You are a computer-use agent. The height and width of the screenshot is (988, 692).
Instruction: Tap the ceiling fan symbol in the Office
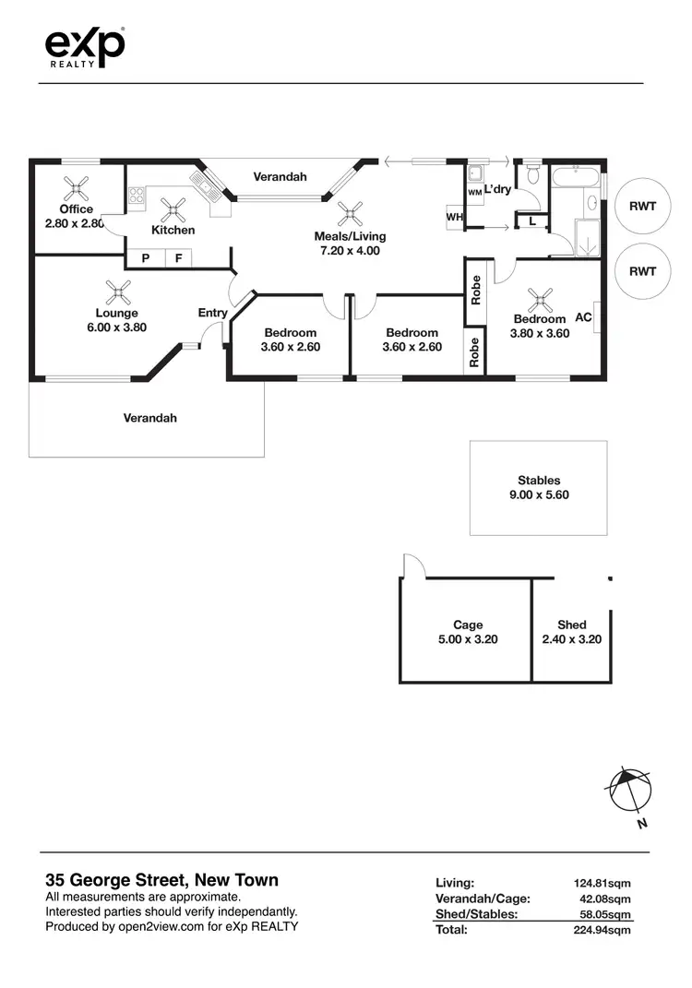(x=76, y=189)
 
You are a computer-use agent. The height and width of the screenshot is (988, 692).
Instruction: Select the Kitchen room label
(x=173, y=230)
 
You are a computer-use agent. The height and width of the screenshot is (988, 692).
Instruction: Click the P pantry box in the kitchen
(x=146, y=258)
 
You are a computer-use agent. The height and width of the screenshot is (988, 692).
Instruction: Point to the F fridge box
(x=179, y=258)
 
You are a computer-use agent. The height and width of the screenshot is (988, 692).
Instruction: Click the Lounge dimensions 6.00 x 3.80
(x=116, y=327)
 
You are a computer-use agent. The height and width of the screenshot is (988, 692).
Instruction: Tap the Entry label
(x=212, y=313)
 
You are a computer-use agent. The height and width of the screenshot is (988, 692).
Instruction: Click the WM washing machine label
(x=474, y=193)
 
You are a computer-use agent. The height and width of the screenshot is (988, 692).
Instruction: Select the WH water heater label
(x=454, y=217)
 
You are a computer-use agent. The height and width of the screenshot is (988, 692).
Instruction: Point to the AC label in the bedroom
(x=583, y=316)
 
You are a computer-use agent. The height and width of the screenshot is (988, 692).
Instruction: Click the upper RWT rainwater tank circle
(x=642, y=206)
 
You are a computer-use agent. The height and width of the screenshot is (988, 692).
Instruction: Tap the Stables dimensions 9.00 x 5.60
(x=539, y=494)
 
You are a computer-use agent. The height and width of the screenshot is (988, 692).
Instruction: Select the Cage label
(x=468, y=625)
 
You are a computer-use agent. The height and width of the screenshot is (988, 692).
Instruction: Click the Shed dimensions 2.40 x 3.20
(x=572, y=638)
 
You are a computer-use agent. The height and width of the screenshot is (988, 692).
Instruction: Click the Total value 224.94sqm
(x=602, y=930)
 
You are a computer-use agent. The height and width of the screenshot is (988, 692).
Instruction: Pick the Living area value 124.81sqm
(x=602, y=883)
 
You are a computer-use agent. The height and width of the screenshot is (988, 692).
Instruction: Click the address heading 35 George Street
(x=162, y=880)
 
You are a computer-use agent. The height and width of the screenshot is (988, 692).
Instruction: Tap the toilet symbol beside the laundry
(x=531, y=174)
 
